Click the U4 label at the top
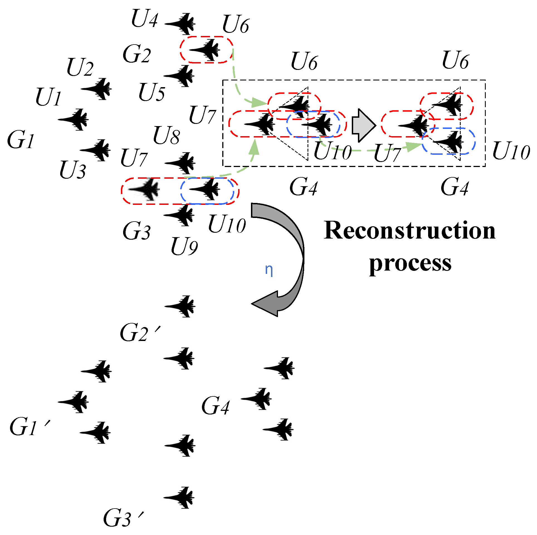pyautogui.click(x=145, y=19)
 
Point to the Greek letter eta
pyautogui.click(x=269, y=269)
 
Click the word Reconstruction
pyautogui.click(x=409, y=231)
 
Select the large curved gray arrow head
pyautogui.click(x=266, y=303)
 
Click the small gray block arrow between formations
pyautogui.click(x=363, y=125)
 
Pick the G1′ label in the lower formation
pyautogui.click(x=29, y=427)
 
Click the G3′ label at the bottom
pyautogui.click(x=123, y=518)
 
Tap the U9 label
pyautogui.click(x=184, y=246)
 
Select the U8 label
pyautogui.click(x=167, y=135)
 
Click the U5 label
pyautogui.click(x=152, y=92)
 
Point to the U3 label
pyautogui.click(x=73, y=170)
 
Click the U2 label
pyautogui.click(x=80, y=67)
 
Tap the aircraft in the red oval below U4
pyautogui.click(x=206, y=50)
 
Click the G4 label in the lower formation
pyautogui.click(x=216, y=406)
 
